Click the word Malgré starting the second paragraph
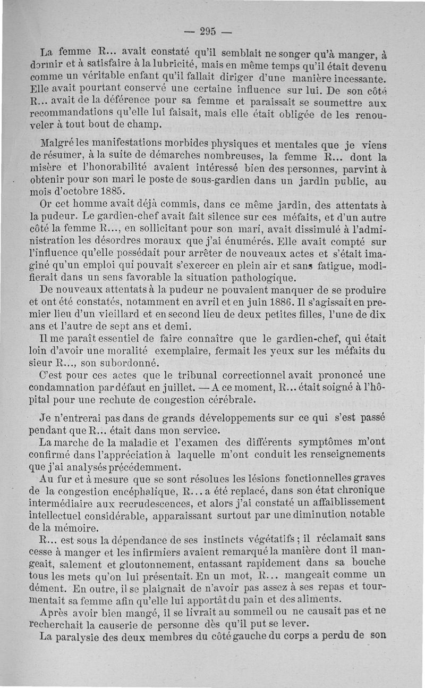58,145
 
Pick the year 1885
112,190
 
